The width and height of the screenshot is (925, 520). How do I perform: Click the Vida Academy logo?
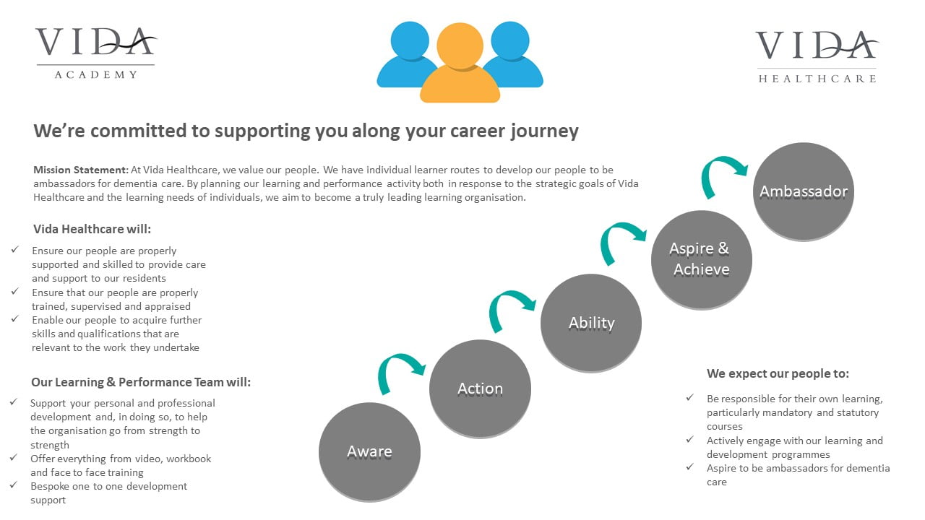pos(96,53)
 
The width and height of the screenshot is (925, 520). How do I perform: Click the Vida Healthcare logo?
pos(817,56)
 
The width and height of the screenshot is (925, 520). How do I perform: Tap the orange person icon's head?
pos(460,45)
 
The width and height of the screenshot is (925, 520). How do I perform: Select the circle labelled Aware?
pos(369,452)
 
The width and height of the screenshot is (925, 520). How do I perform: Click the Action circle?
pos(481,389)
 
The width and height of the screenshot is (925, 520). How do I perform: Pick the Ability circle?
pos(591,323)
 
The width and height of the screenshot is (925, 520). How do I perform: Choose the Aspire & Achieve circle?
pos(702,259)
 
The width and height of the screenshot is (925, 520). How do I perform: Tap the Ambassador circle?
pos(804,191)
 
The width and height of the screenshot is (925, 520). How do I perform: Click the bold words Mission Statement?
pos(81,170)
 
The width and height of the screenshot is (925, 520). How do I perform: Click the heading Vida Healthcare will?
pos(92,229)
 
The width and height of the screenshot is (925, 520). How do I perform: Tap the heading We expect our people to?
pos(778,373)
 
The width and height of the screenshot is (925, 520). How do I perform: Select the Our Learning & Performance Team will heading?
pos(141,382)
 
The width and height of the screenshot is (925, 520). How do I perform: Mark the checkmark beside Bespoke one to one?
pos(14,485)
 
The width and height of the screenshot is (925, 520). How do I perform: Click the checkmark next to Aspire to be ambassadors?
pos(690,467)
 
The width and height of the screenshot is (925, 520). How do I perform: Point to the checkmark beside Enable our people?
pos(15,318)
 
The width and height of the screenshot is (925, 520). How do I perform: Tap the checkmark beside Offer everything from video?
pos(14,457)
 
